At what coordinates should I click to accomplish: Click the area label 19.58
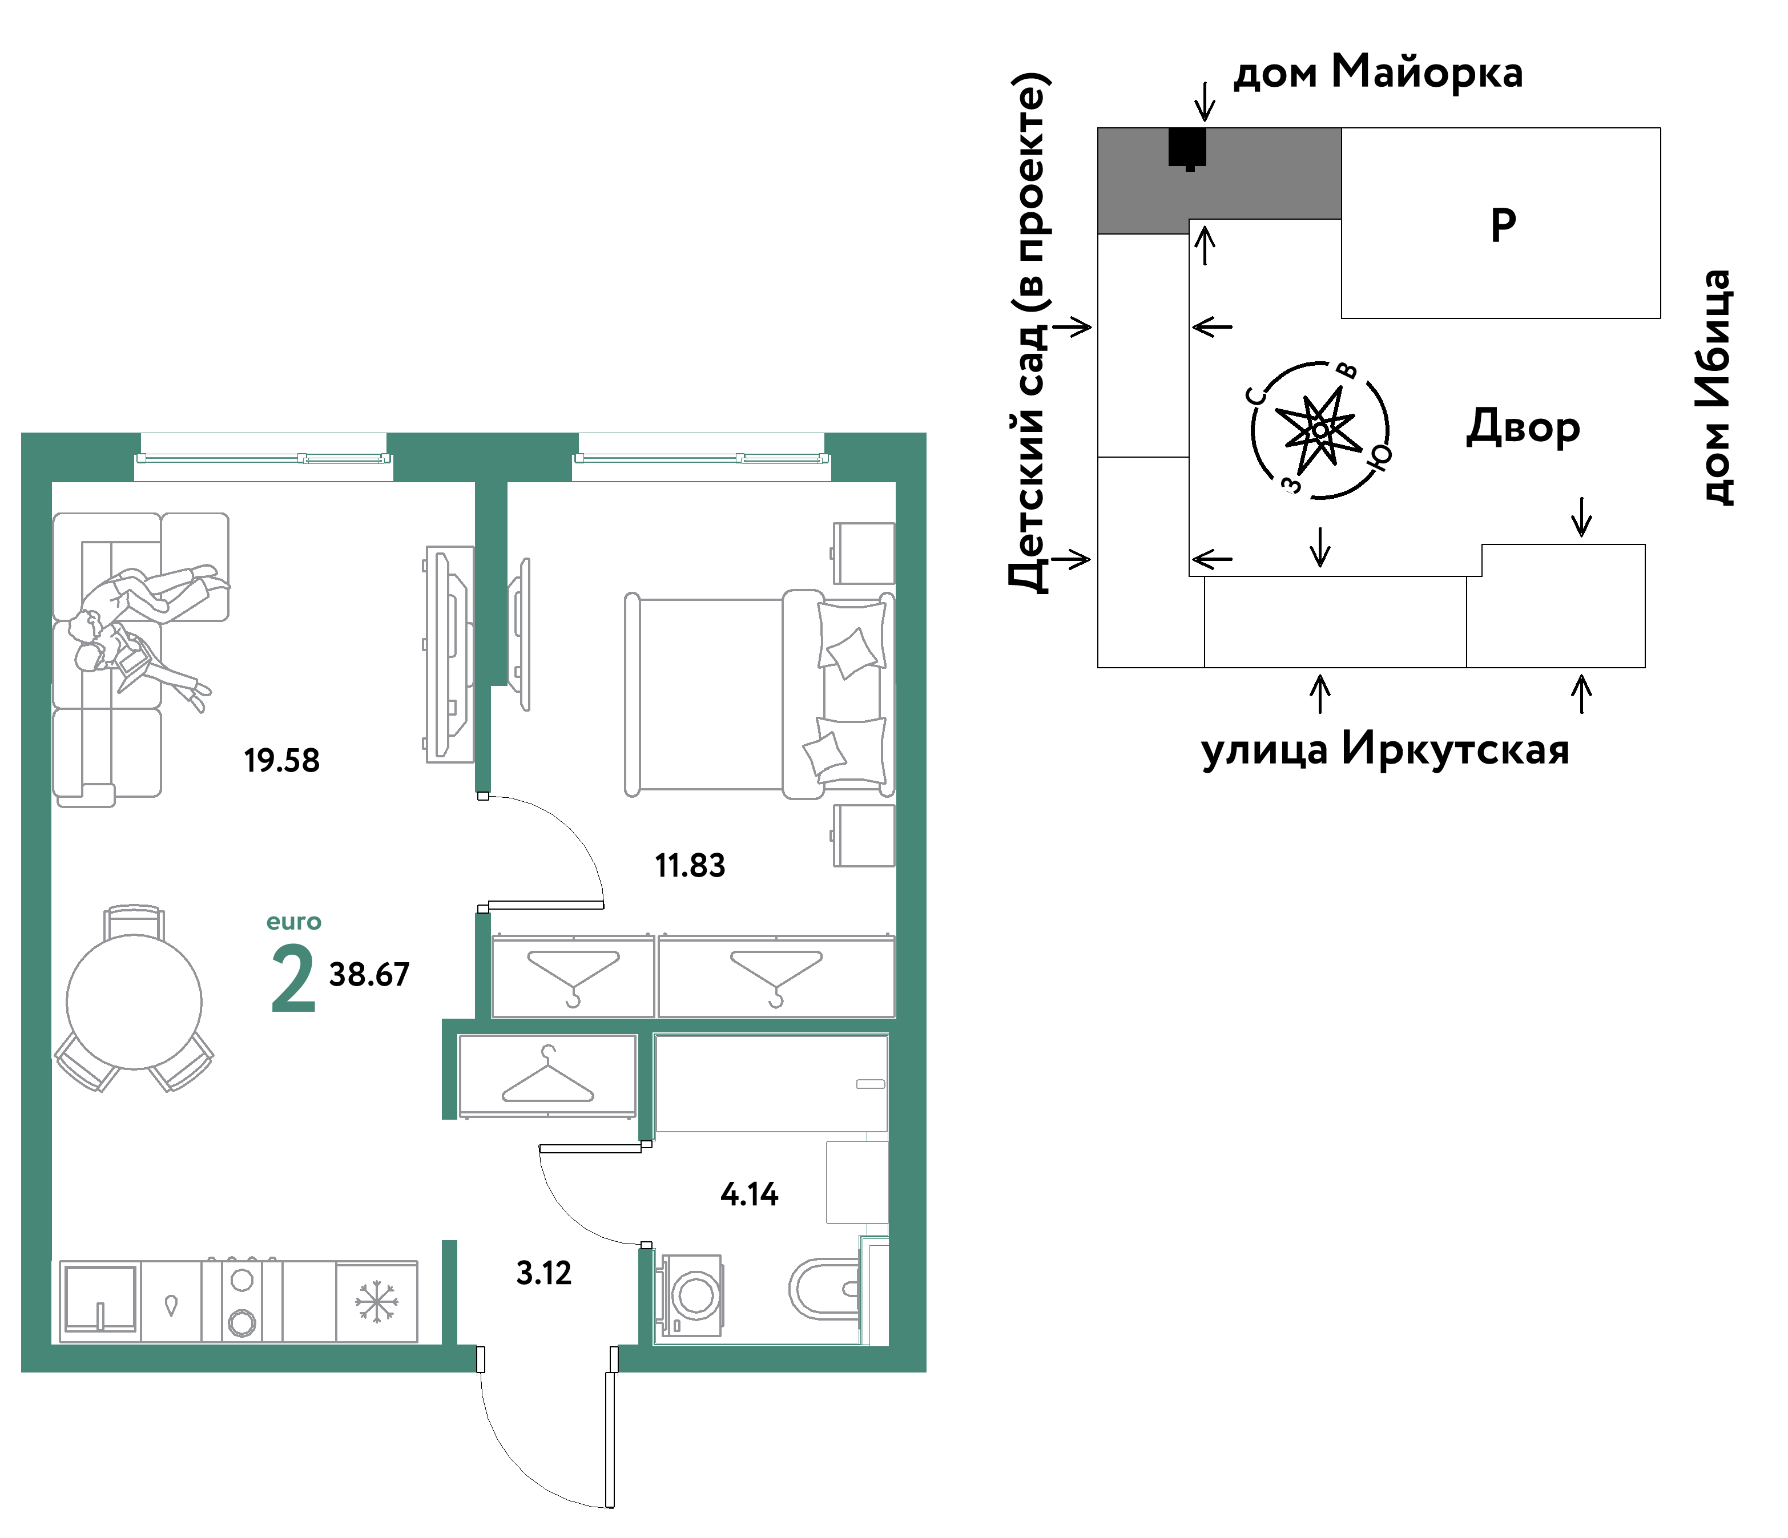coord(281,761)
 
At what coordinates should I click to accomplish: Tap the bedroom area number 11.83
coord(690,865)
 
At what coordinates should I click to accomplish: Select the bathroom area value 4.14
coord(749,1194)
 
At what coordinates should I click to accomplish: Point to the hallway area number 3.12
coord(543,1273)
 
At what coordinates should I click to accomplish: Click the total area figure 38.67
coord(369,975)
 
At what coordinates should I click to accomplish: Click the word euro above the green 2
coord(293,922)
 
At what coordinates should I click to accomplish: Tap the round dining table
coord(135,1002)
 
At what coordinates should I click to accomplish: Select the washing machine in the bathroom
coord(690,1295)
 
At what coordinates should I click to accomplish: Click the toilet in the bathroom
coord(826,1290)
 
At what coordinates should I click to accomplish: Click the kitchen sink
coord(100,1299)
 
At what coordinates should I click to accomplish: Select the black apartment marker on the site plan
coord(1187,148)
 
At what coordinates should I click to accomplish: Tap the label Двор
coord(1523,427)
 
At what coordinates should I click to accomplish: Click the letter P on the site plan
coord(1503,225)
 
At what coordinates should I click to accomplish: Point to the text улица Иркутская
coord(1385,749)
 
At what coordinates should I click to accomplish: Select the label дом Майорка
coord(1378,71)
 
